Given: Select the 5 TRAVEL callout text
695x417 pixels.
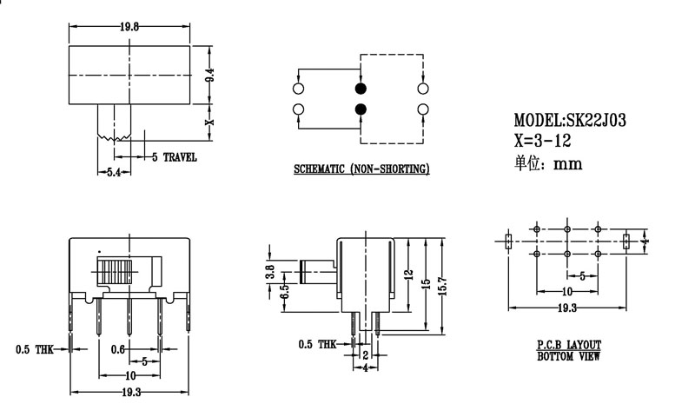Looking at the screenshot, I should [x=175, y=157].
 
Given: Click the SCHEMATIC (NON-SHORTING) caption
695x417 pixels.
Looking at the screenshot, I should [x=361, y=169].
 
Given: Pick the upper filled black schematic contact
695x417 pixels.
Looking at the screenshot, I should [x=361, y=89].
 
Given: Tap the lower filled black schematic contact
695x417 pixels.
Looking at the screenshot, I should [x=361, y=109].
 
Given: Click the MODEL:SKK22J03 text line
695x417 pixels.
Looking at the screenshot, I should [x=570, y=121].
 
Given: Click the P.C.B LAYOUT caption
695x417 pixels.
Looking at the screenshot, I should [x=569, y=345].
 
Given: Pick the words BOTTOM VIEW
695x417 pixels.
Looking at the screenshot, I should [x=568, y=356].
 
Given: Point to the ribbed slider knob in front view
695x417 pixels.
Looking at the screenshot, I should [x=115, y=270].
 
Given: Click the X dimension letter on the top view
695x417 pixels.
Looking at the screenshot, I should [x=209, y=122].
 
